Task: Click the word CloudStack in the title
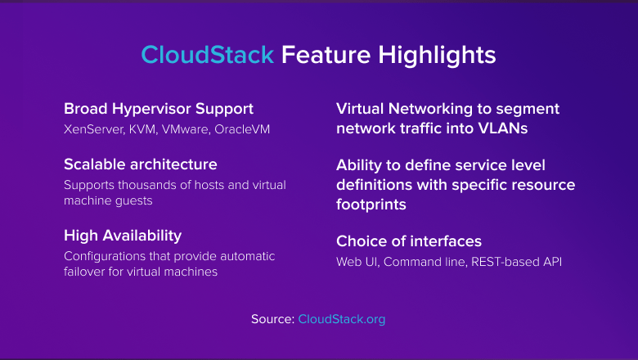[208, 55]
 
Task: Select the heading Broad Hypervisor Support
[159, 109]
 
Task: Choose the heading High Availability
[123, 236]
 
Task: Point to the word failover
[84, 272]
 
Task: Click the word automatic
[248, 256]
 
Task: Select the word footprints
[371, 205]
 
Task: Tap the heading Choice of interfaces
[409, 241]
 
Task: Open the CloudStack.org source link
[341, 319]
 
